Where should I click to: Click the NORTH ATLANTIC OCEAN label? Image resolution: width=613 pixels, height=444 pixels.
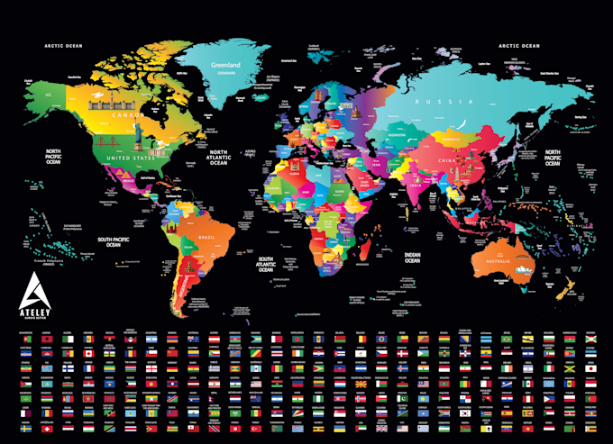219,159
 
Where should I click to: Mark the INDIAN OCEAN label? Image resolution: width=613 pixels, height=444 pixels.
414,258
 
